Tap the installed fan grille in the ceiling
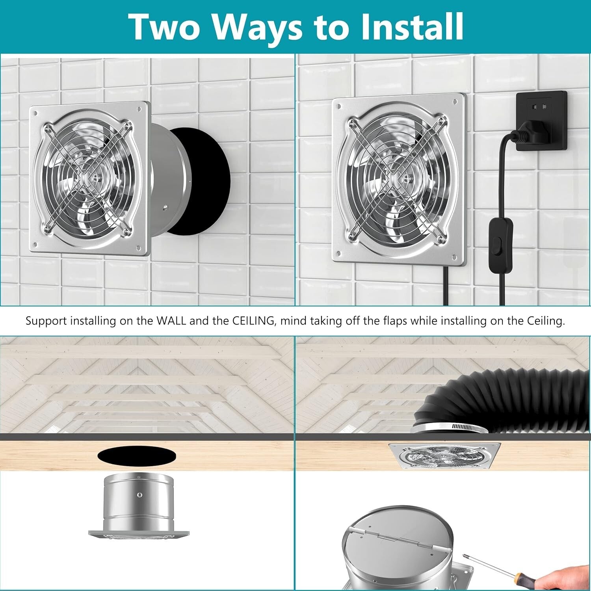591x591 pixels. tap(444, 456)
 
